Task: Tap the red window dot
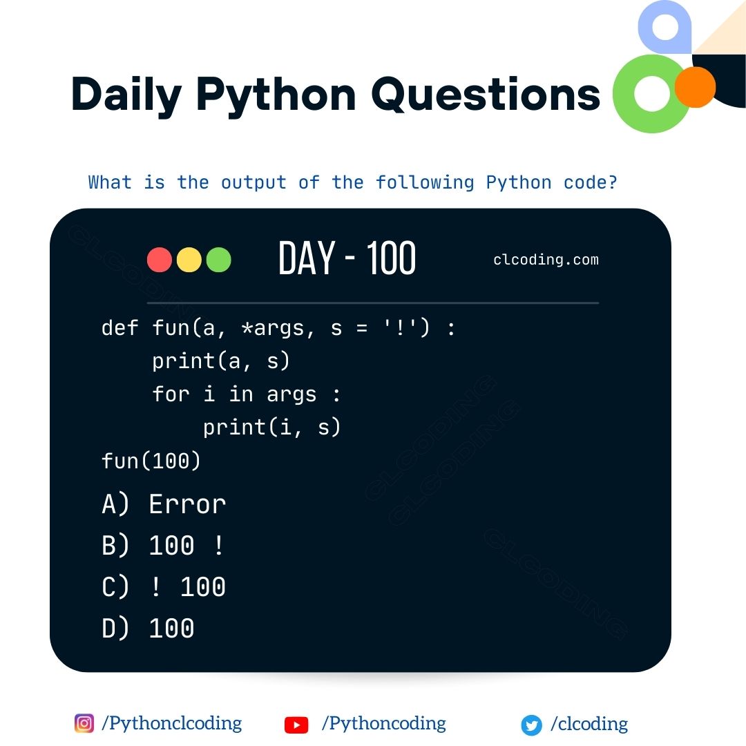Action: point(160,260)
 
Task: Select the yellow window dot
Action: point(189,260)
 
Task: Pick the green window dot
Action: point(218,260)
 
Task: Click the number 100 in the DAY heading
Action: point(391,258)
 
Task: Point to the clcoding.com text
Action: point(546,260)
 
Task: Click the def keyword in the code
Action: point(119,328)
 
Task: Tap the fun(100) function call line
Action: point(151,461)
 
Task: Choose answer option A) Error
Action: point(164,504)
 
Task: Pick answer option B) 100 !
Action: point(162,545)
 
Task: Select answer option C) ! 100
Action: point(163,586)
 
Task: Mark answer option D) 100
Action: point(148,628)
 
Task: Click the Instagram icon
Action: point(84,723)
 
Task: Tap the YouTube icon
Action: point(296,725)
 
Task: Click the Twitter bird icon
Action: point(531,725)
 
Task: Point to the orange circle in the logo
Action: point(695,87)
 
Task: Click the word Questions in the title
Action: point(486,95)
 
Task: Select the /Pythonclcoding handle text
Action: point(172,724)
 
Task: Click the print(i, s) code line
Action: point(271,428)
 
